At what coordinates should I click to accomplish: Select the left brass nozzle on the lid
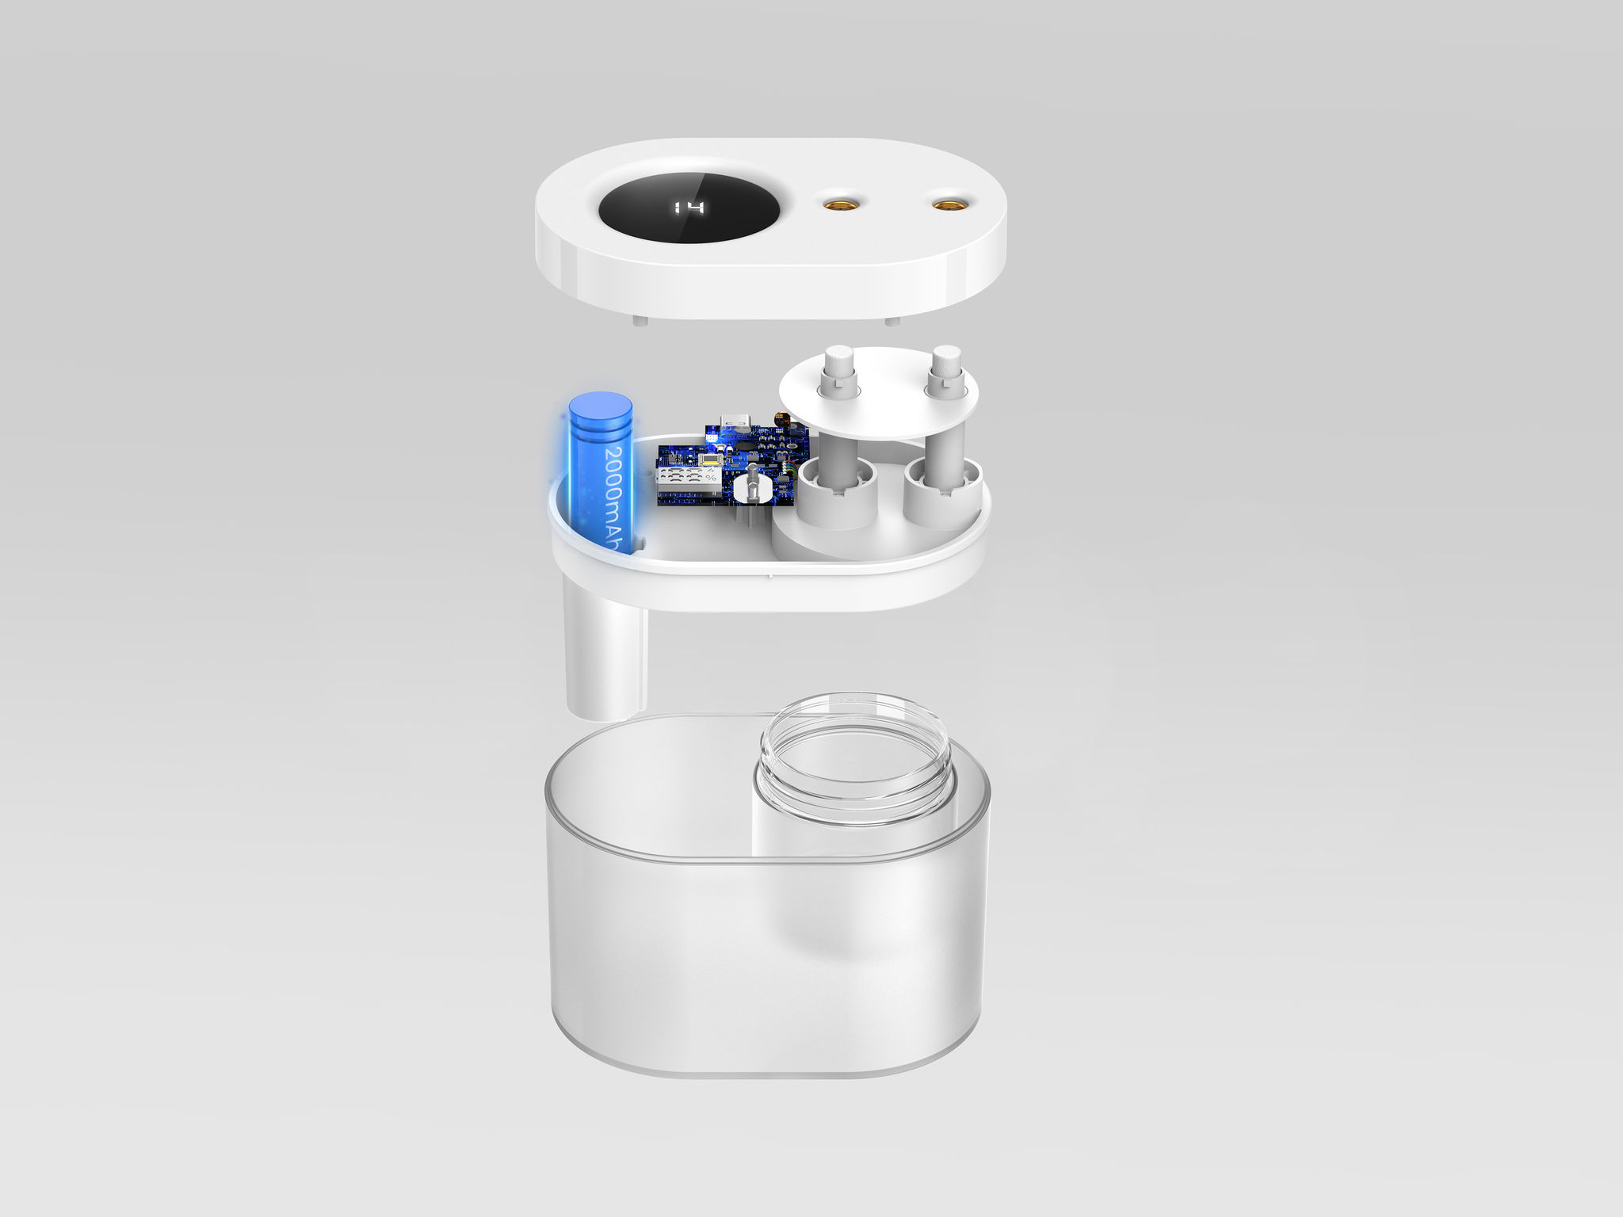837,205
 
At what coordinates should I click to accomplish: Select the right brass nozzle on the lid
945,205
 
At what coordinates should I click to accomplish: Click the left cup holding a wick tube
836,495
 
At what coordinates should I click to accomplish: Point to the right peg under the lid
892,321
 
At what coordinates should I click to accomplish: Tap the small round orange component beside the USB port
781,420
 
